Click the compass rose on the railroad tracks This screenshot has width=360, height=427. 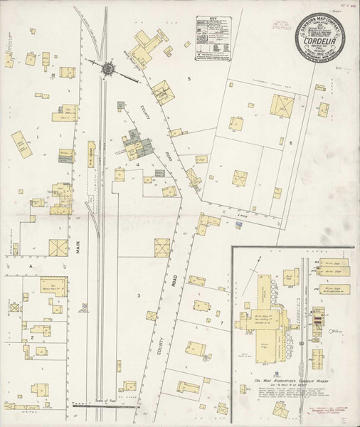coord(109,68)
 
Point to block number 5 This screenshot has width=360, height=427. coord(189,77)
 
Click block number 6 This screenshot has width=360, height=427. coord(291,143)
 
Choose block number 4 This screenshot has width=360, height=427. coord(137,164)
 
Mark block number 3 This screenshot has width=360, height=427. coord(140,294)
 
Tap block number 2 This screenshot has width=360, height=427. coord(32,337)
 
